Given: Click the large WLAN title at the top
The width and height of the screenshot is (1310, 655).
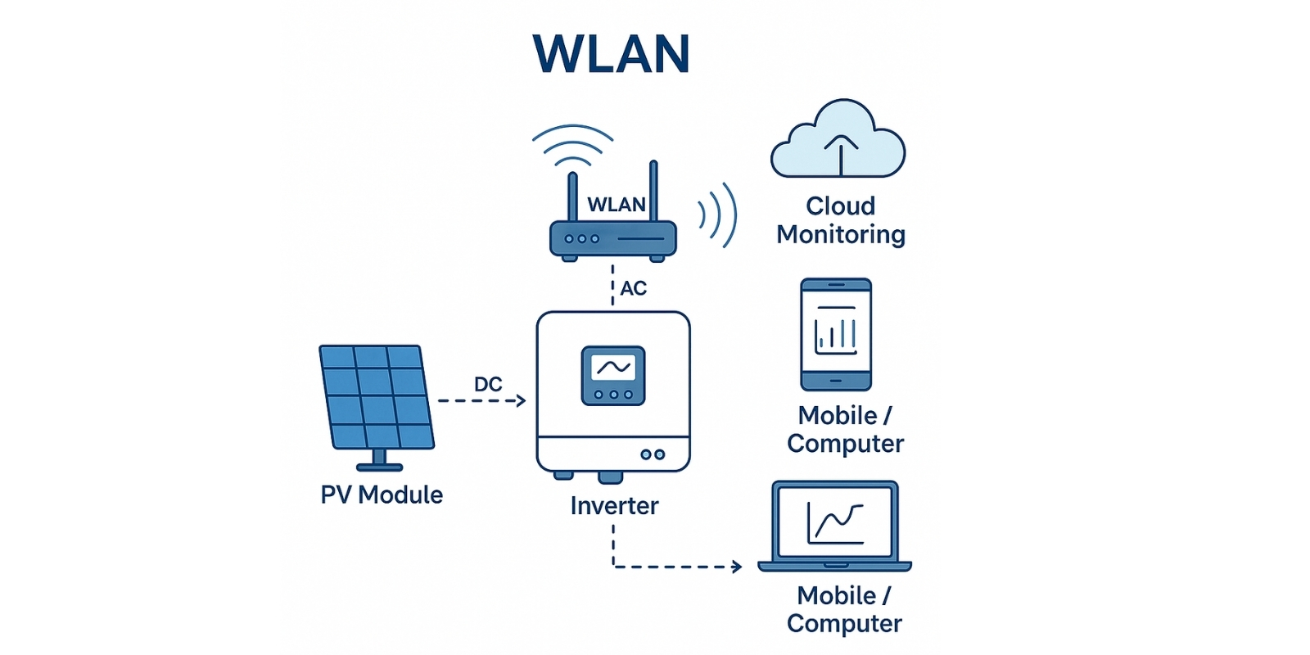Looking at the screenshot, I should [x=611, y=54].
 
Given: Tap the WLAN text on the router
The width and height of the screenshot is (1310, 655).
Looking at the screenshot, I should [x=617, y=205].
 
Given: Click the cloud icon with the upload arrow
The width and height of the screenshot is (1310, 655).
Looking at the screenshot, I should [x=838, y=141].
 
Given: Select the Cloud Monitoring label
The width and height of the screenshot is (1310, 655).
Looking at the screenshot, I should [x=841, y=220].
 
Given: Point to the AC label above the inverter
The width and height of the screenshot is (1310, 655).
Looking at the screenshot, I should [x=633, y=288].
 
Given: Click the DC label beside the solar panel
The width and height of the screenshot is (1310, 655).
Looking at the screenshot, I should [x=488, y=384].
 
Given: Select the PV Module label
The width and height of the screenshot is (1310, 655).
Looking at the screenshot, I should [x=382, y=495].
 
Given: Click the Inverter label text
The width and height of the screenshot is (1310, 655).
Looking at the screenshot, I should [x=614, y=506].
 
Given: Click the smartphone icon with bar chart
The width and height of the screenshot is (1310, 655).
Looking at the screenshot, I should [x=836, y=334].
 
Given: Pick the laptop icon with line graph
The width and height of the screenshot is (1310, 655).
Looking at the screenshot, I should [x=834, y=526].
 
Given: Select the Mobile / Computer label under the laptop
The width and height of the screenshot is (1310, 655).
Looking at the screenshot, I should [x=844, y=609].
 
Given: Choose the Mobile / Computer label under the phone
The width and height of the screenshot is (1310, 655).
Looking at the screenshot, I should [x=845, y=429].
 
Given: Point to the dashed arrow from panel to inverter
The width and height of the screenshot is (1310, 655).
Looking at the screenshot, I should [x=481, y=401].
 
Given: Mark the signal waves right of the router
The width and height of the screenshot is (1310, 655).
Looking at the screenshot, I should [x=719, y=215].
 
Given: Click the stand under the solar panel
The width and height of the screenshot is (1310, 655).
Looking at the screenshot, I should [x=379, y=461].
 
